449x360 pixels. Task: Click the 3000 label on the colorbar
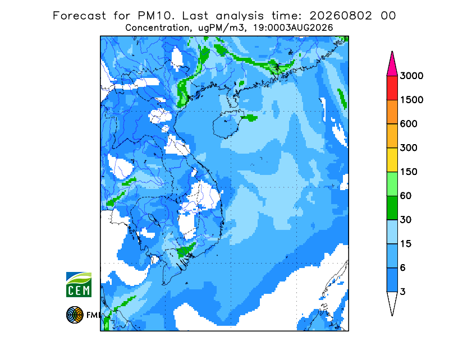point(411,76)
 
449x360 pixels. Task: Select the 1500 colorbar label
point(411,100)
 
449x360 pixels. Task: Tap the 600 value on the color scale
point(409,124)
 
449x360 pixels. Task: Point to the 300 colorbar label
point(409,148)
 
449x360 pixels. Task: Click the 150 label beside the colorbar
point(409,172)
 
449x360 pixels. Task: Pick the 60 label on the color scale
point(406,196)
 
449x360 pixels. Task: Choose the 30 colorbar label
point(406,220)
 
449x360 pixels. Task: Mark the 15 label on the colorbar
point(406,244)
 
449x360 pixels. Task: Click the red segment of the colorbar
point(392,88)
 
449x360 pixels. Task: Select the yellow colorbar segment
point(392,160)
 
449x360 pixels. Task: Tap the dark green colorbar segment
point(392,208)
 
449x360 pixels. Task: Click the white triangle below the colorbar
point(392,301)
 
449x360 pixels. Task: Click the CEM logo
point(79,284)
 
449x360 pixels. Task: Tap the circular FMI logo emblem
point(75,315)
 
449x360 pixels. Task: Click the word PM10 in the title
point(156,16)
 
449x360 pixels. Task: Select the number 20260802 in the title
point(341,16)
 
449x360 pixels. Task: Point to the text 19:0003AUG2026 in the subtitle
point(293,28)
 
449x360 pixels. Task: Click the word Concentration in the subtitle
point(158,28)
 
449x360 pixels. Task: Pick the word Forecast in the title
point(79,16)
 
